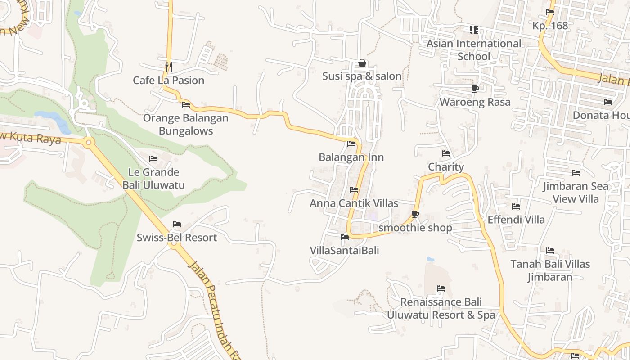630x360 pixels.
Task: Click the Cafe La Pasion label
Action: (168, 81)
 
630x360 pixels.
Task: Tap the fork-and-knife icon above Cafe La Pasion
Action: (168, 67)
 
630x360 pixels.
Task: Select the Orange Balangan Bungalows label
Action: (185, 125)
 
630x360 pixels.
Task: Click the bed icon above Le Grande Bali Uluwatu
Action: (153, 159)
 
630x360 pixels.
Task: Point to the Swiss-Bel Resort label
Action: (177, 238)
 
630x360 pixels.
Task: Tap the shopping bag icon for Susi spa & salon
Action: (362, 63)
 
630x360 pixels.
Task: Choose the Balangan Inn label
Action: (351, 157)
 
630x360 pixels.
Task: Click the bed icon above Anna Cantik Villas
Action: (354, 190)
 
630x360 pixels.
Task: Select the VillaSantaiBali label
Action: (344, 250)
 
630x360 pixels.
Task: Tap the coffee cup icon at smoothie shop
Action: (415, 214)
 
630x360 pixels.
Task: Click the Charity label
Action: (445, 167)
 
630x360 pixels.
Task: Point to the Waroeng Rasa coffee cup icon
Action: (475, 89)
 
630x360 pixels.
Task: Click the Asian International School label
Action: (473, 50)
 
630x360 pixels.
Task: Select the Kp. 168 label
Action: (550, 26)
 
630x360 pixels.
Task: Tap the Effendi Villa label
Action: (516, 220)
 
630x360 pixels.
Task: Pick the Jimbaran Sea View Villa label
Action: (575, 193)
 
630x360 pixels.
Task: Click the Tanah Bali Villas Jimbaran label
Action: (550, 270)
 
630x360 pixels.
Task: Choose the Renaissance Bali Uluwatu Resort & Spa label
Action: (441, 308)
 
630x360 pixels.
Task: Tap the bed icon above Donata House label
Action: (607, 102)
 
